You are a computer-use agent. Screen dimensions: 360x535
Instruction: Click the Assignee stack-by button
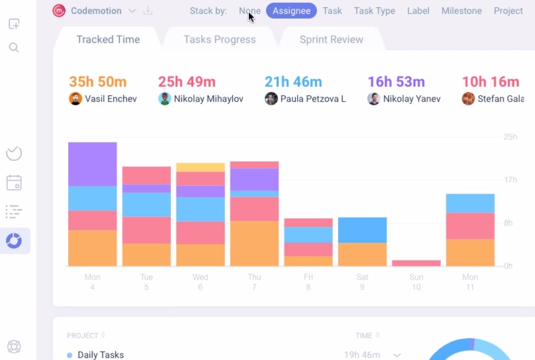pyautogui.click(x=291, y=11)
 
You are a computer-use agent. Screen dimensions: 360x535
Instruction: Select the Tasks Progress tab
pyautogui.click(x=220, y=40)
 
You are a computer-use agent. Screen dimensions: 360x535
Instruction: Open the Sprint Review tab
pyautogui.click(x=331, y=40)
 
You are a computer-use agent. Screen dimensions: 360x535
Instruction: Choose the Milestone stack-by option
pyautogui.click(x=461, y=11)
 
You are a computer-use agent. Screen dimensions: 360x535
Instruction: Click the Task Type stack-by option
pyautogui.click(x=375, y=11)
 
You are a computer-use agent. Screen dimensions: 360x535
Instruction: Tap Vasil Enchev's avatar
pyautogui.click(x=76, y=98)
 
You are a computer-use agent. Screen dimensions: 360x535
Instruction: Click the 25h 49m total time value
pyautogui.click(x=187, y=82)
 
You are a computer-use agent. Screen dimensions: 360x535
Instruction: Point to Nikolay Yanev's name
pyautogui.click(x=412, y=98)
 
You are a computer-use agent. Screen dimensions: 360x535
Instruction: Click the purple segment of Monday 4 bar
pyautogui.click(x=93, y=164)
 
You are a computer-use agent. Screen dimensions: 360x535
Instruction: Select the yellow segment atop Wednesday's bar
pyautogui.click(x=201, y=167)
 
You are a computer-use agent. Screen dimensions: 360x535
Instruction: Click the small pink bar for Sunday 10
pyautogui.click(x=416, y=263)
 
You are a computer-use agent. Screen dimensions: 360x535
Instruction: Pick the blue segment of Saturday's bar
pyautogui.click(x=362, y=230)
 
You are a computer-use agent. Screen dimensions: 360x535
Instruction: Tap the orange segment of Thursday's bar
pyautogui.click(x=255, y=243)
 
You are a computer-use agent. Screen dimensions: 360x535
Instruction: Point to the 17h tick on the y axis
pyautogui.click(x=510, y=180)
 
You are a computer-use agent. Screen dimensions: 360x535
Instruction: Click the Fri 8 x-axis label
pyautogui.click(x=309, y=282)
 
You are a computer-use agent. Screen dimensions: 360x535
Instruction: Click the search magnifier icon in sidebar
pyautogui.click(x=14, y=48)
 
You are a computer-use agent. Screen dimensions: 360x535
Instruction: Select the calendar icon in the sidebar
pyautogui.click(x=14, y=183)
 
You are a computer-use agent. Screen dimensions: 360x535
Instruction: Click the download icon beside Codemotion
pyautogui.click(x=148, y=11)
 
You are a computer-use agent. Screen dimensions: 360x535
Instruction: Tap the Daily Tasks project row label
pyautogui.click(x=101, y=355)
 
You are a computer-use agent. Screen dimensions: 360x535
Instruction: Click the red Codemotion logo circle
pyautogui.click(x=59, y=11)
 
